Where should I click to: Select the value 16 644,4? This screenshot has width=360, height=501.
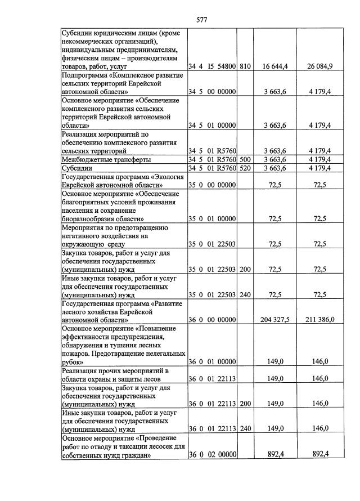(x=275, y=66)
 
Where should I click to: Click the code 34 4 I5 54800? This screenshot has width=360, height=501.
(x=212, y=66)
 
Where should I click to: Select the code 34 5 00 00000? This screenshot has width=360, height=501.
(x=212, y=92)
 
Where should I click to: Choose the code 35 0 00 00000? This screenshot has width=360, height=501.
(x=212, y=185)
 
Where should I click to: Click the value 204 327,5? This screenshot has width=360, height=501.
(x=275, y=320)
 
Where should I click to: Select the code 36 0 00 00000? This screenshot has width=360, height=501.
(x=212, y=320)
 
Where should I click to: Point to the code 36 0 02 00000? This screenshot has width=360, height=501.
(x=212, y=454)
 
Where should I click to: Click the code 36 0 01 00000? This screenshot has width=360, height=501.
(x=212, y=361)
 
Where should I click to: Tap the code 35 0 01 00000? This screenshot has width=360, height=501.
(x=212, y=218)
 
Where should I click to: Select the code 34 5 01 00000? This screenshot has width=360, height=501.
(x=212, y=125)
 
